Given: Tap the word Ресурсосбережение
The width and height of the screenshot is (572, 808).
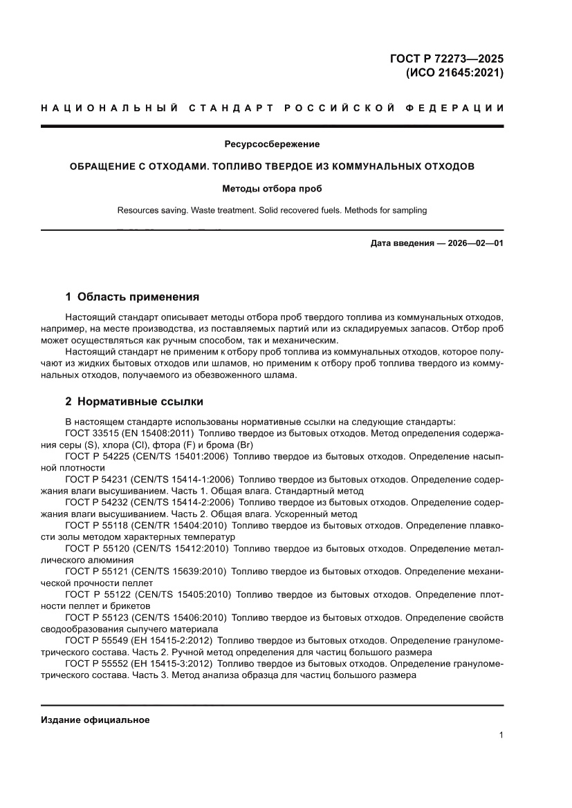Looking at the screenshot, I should point(272,144).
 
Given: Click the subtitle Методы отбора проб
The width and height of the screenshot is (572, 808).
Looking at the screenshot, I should point(272,188).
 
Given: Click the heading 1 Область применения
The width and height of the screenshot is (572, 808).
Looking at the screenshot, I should point(132,297).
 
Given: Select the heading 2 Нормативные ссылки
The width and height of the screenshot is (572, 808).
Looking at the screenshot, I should point(133,402).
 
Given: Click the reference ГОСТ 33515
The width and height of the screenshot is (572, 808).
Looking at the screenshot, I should point(92,433).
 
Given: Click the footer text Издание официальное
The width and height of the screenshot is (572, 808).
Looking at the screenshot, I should point(95,720).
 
